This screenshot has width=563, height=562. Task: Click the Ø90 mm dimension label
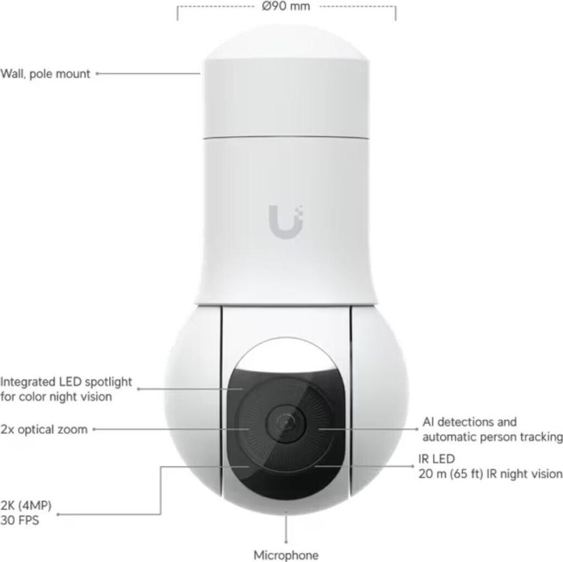[286, 7]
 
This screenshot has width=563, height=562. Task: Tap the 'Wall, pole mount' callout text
[46, 74]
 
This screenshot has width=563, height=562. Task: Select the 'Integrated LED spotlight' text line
[67, 381]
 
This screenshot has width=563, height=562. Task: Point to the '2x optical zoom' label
[44, 429]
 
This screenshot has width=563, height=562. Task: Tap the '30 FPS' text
[20, 520]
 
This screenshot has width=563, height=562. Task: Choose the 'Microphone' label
[286, 554]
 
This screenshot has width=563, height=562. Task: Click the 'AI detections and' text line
[470, 422]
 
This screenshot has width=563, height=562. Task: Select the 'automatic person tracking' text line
[493, 437]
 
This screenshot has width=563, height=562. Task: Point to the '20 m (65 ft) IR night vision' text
[489, 473]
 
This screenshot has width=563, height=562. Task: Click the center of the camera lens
[286, 423]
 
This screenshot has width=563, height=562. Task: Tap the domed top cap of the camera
[286, 41]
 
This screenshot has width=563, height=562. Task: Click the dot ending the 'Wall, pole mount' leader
[97, 73]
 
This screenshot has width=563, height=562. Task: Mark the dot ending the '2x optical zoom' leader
[95, 429]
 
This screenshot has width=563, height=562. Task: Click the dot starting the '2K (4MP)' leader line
[59, 515]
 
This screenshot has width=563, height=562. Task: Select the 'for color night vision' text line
[56, 396]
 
